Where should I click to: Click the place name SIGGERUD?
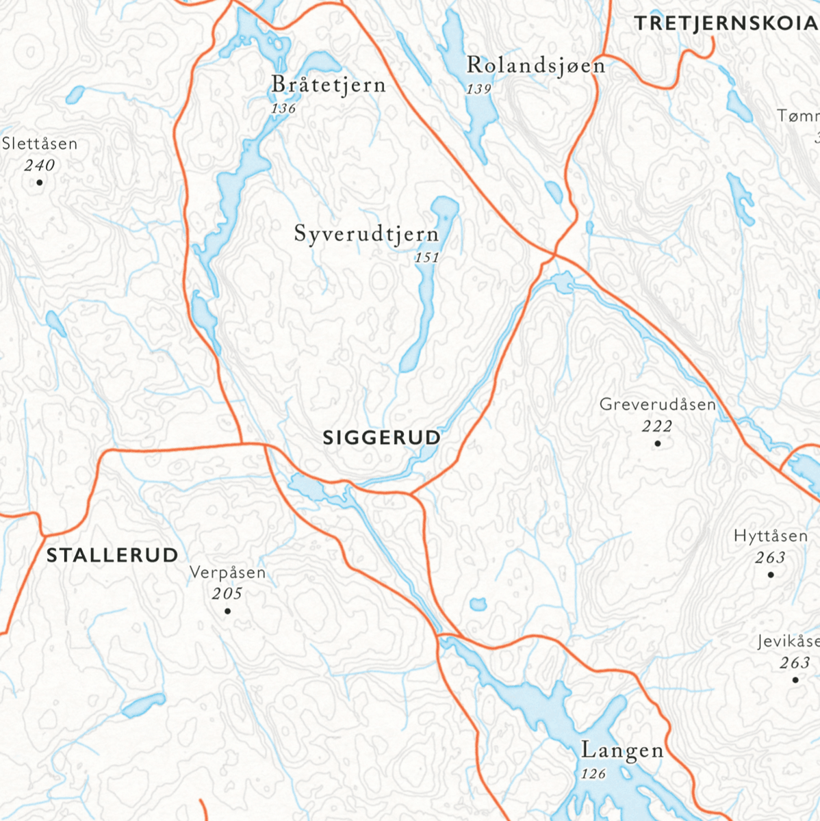(381, 438)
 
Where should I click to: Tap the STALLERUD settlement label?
(112, 555)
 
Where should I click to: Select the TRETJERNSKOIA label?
(726, 23)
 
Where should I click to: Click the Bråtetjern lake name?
(329, 85)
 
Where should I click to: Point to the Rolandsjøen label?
(535, 66)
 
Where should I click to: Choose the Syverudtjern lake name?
(366, 234)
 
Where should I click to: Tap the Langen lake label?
(622, 751)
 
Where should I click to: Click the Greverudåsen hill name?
(657, 404)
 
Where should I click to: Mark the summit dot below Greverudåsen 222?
(658, 443)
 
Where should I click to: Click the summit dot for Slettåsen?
(40, 182)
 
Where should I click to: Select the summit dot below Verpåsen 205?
(227, 611)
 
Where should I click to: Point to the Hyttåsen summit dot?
(771, 575)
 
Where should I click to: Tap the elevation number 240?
(39, 166)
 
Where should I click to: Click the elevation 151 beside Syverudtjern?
(426, 258)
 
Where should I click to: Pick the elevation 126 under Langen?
(593, 774)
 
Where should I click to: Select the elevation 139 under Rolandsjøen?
(479, 89)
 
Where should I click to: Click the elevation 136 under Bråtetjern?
(283, 109)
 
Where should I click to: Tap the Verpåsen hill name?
(227, 573)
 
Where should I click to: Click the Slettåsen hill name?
(40, 144)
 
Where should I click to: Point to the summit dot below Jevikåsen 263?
(795, 680)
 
